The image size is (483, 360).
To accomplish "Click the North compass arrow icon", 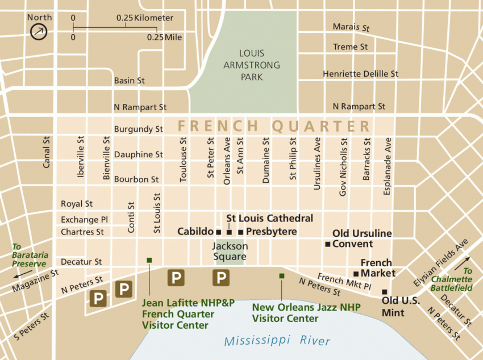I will [39, 32].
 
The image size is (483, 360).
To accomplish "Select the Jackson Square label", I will [230, 251].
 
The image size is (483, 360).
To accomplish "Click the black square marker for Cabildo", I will [218, 232].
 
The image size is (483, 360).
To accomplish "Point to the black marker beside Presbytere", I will [240, 232].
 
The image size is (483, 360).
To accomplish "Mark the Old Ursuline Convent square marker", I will [327, 244].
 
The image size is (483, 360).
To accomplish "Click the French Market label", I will [376, 268].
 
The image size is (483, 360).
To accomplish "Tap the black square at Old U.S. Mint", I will [384, 292].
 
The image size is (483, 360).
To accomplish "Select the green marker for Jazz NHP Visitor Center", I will [281, 276].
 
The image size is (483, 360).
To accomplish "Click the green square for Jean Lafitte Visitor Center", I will [149, 260].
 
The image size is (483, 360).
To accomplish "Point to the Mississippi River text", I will [277, 341].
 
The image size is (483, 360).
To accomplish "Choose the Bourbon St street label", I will [136, 179].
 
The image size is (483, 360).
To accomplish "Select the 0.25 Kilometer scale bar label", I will [145, 18].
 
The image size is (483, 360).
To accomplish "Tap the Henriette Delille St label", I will [360, 74].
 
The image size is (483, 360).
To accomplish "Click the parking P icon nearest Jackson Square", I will [220, 278].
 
